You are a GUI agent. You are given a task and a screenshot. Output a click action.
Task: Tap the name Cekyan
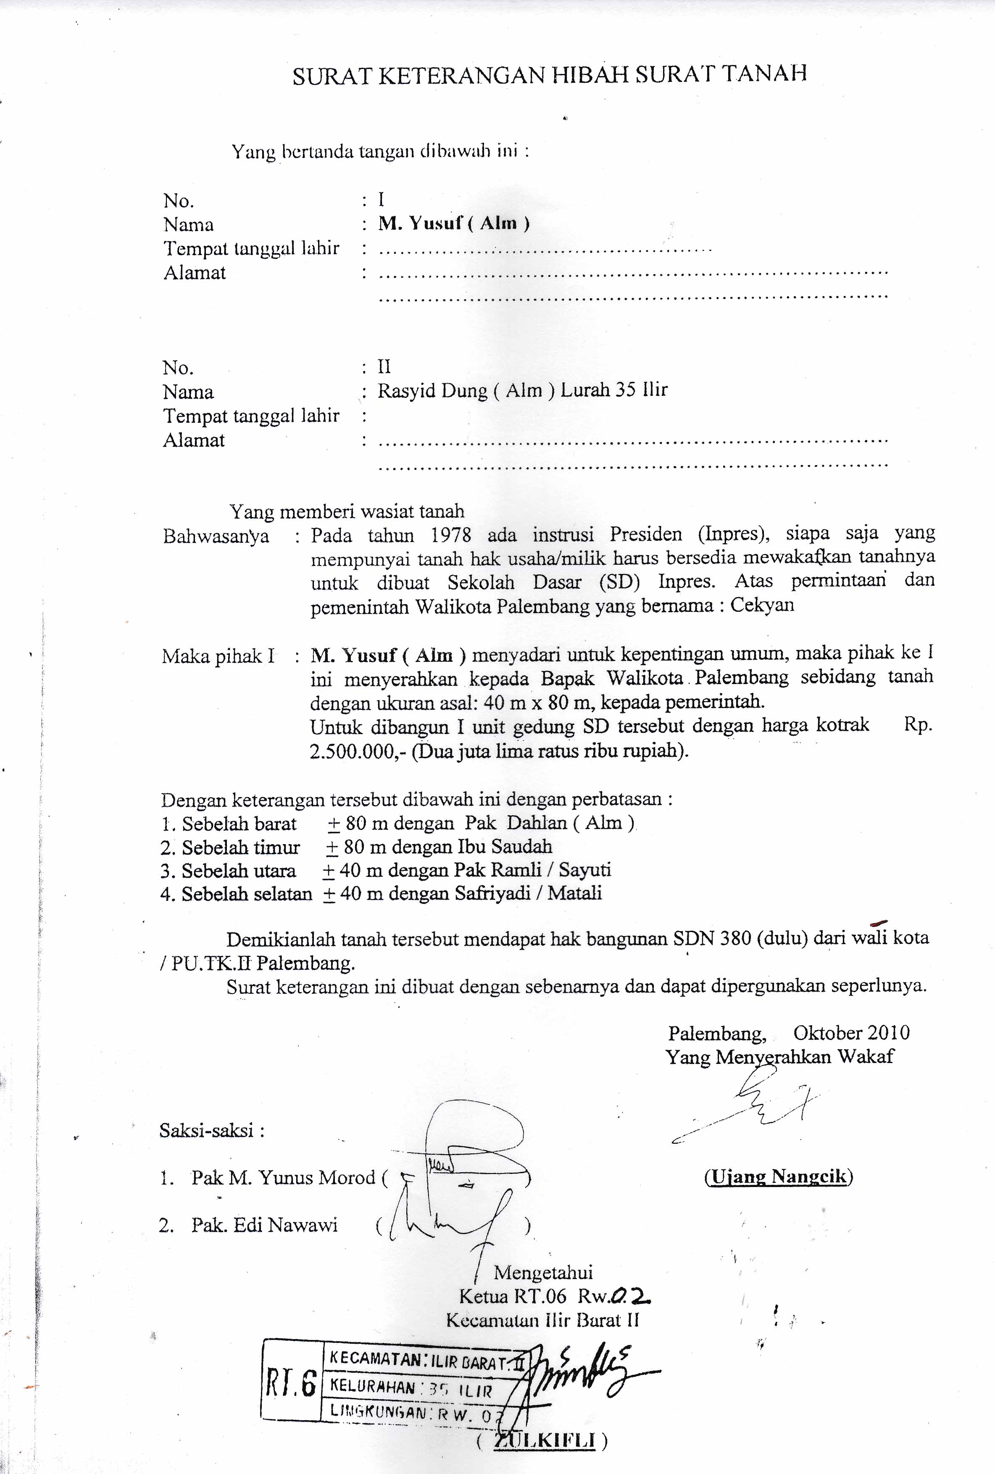pos(762,605)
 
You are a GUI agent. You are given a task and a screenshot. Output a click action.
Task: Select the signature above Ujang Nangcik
pos(755,1104)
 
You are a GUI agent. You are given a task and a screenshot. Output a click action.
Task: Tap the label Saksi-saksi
pos(212,1130)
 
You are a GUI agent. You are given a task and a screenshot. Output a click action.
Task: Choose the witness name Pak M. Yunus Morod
pos(284,1178)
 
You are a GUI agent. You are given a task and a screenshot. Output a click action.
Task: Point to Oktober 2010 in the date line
pos(851,1033)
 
